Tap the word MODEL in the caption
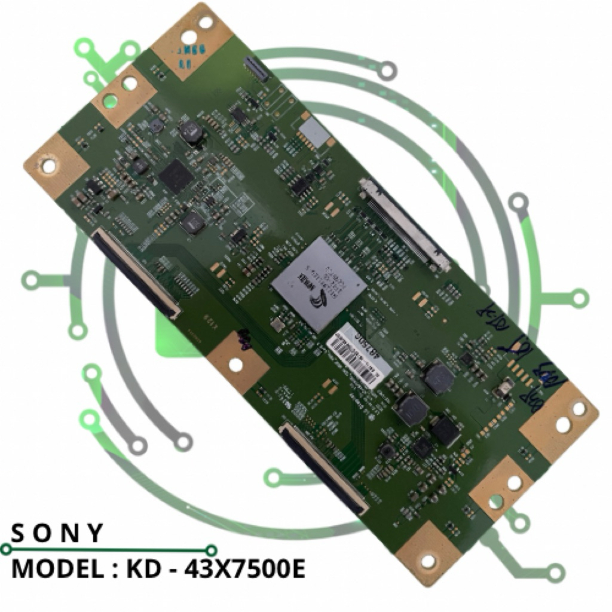[51, 568]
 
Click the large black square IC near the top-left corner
[176, 175]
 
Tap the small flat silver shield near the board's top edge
[314, 133]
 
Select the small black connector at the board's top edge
[256, 69]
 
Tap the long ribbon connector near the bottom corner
[324, 468]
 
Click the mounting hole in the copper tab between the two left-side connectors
[236, 363]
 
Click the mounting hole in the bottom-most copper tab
[428, 561]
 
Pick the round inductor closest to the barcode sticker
[438, 378]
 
